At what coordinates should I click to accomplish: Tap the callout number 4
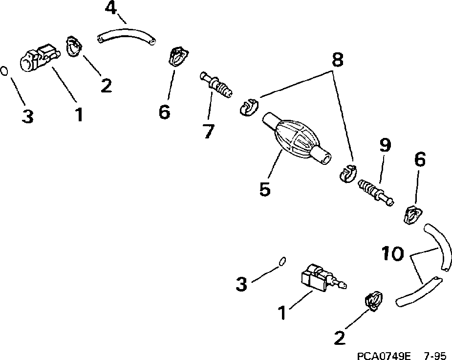coord(111,9)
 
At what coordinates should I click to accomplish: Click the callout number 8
coord(337,60)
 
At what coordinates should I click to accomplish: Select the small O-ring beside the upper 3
coord(4,70)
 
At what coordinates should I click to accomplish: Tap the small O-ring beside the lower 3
coord(281,262)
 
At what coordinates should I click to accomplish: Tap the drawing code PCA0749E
coord(384,354)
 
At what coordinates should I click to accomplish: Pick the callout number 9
coord(385,146)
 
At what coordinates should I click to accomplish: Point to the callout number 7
coord(208,131)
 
